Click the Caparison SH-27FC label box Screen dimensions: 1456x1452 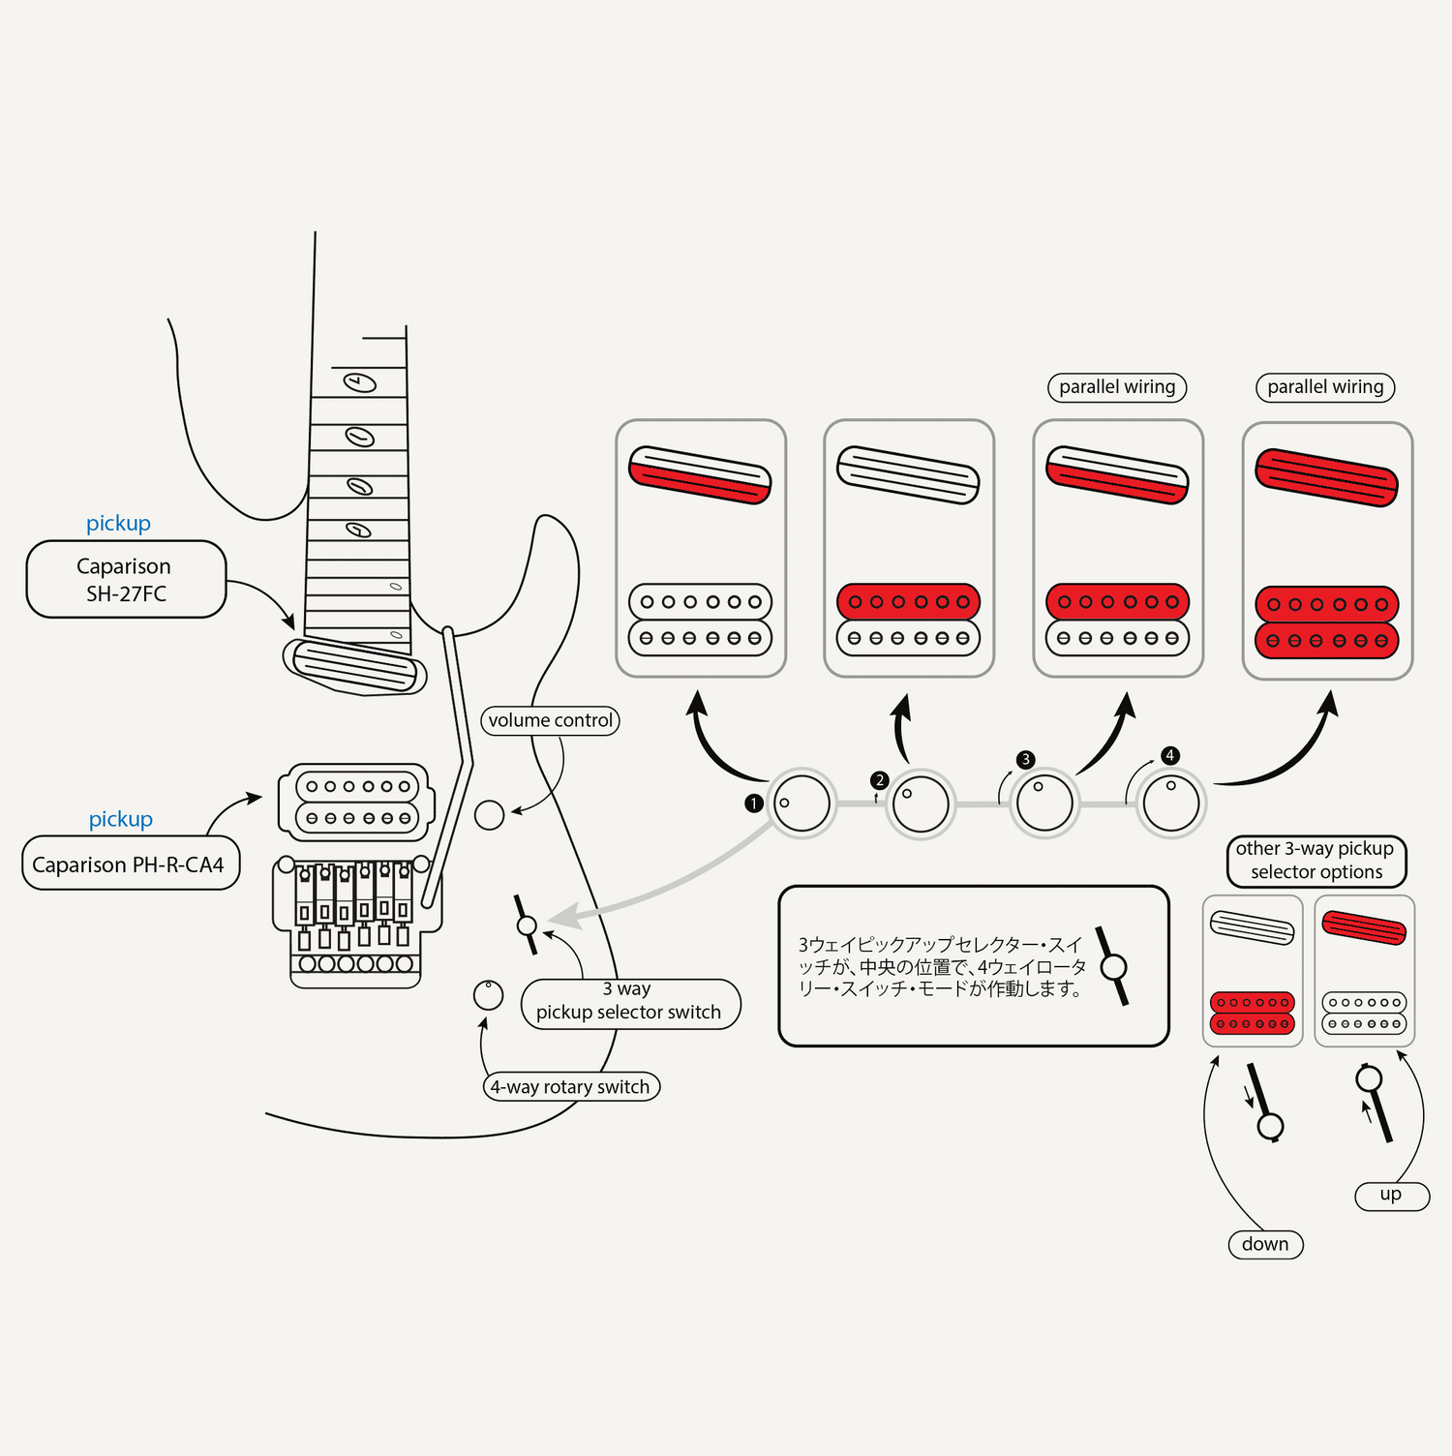point(126,579)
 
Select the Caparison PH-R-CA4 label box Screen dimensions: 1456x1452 point(130,864)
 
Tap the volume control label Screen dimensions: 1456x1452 point(550,720)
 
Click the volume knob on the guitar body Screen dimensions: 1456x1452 point(490,815)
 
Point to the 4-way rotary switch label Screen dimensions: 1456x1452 point(571,1086)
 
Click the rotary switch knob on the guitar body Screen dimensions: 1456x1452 point(488,994)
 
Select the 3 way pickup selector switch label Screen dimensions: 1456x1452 point(630,1003)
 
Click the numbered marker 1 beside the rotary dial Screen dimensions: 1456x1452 point(754,804)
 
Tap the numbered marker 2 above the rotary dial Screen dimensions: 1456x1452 point(879,780)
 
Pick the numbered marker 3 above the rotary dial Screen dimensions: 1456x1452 point(1026,760)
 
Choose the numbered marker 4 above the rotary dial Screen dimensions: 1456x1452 point(1170,755)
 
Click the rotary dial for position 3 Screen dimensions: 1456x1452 point(1044,803)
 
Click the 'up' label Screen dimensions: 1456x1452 point(1391,1195)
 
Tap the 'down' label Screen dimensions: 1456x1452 point(1265,1244)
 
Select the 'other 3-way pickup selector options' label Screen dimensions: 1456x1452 point(1316,861)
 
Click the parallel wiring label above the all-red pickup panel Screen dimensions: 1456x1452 point(1325,387)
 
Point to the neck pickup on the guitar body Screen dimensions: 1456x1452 point(354,666)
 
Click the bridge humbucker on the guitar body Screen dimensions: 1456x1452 point(357,802)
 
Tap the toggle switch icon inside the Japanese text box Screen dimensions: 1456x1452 point(1113,966)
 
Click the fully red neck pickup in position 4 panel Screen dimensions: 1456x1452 point(1327,477)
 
